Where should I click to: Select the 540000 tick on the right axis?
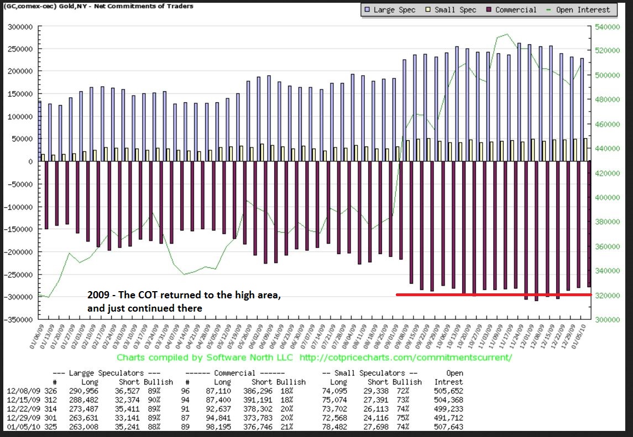pyautogui.click(x=609, y=27)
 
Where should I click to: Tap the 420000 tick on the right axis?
pyautogui.click(x=609, y=173)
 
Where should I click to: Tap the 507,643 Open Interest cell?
pyautogui.click(x=448, y=427)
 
